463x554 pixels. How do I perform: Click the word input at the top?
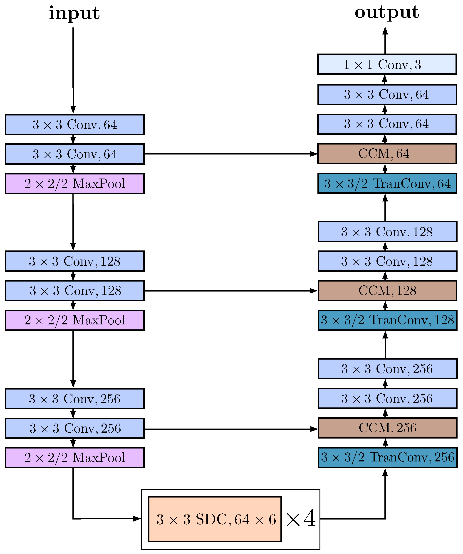[x=74, y=13]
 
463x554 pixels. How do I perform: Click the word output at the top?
[x=386, y=13]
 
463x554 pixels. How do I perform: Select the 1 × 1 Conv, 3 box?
[x=387, y=64]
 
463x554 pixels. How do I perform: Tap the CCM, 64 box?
[x=387, y=154]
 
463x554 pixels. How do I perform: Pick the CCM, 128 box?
[x=387, y=291]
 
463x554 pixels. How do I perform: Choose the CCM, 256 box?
[x=387, y=428]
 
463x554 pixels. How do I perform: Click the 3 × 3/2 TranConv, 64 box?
[x=387, y=183]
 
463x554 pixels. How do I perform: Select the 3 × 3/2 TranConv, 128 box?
[x=387, y=320]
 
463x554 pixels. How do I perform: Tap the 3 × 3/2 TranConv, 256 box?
[x=387, y=457]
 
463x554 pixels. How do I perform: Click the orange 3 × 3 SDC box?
[x=215, y=519]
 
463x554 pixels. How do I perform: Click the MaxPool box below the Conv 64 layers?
[x=74, y=184]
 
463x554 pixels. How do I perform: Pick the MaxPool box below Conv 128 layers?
[x=74, y=320]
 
